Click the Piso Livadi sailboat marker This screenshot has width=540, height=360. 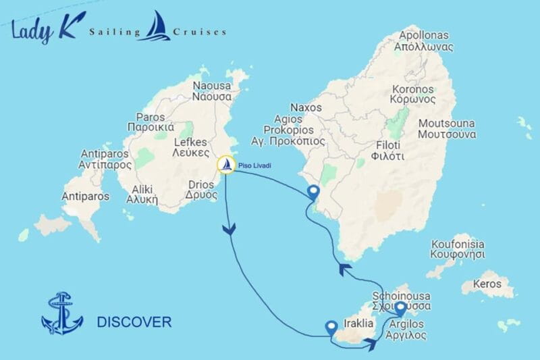(227, 165)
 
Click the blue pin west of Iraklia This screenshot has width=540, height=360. (331, 328)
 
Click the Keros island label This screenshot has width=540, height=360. (488, 284)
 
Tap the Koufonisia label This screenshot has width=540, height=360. (458, 250)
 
